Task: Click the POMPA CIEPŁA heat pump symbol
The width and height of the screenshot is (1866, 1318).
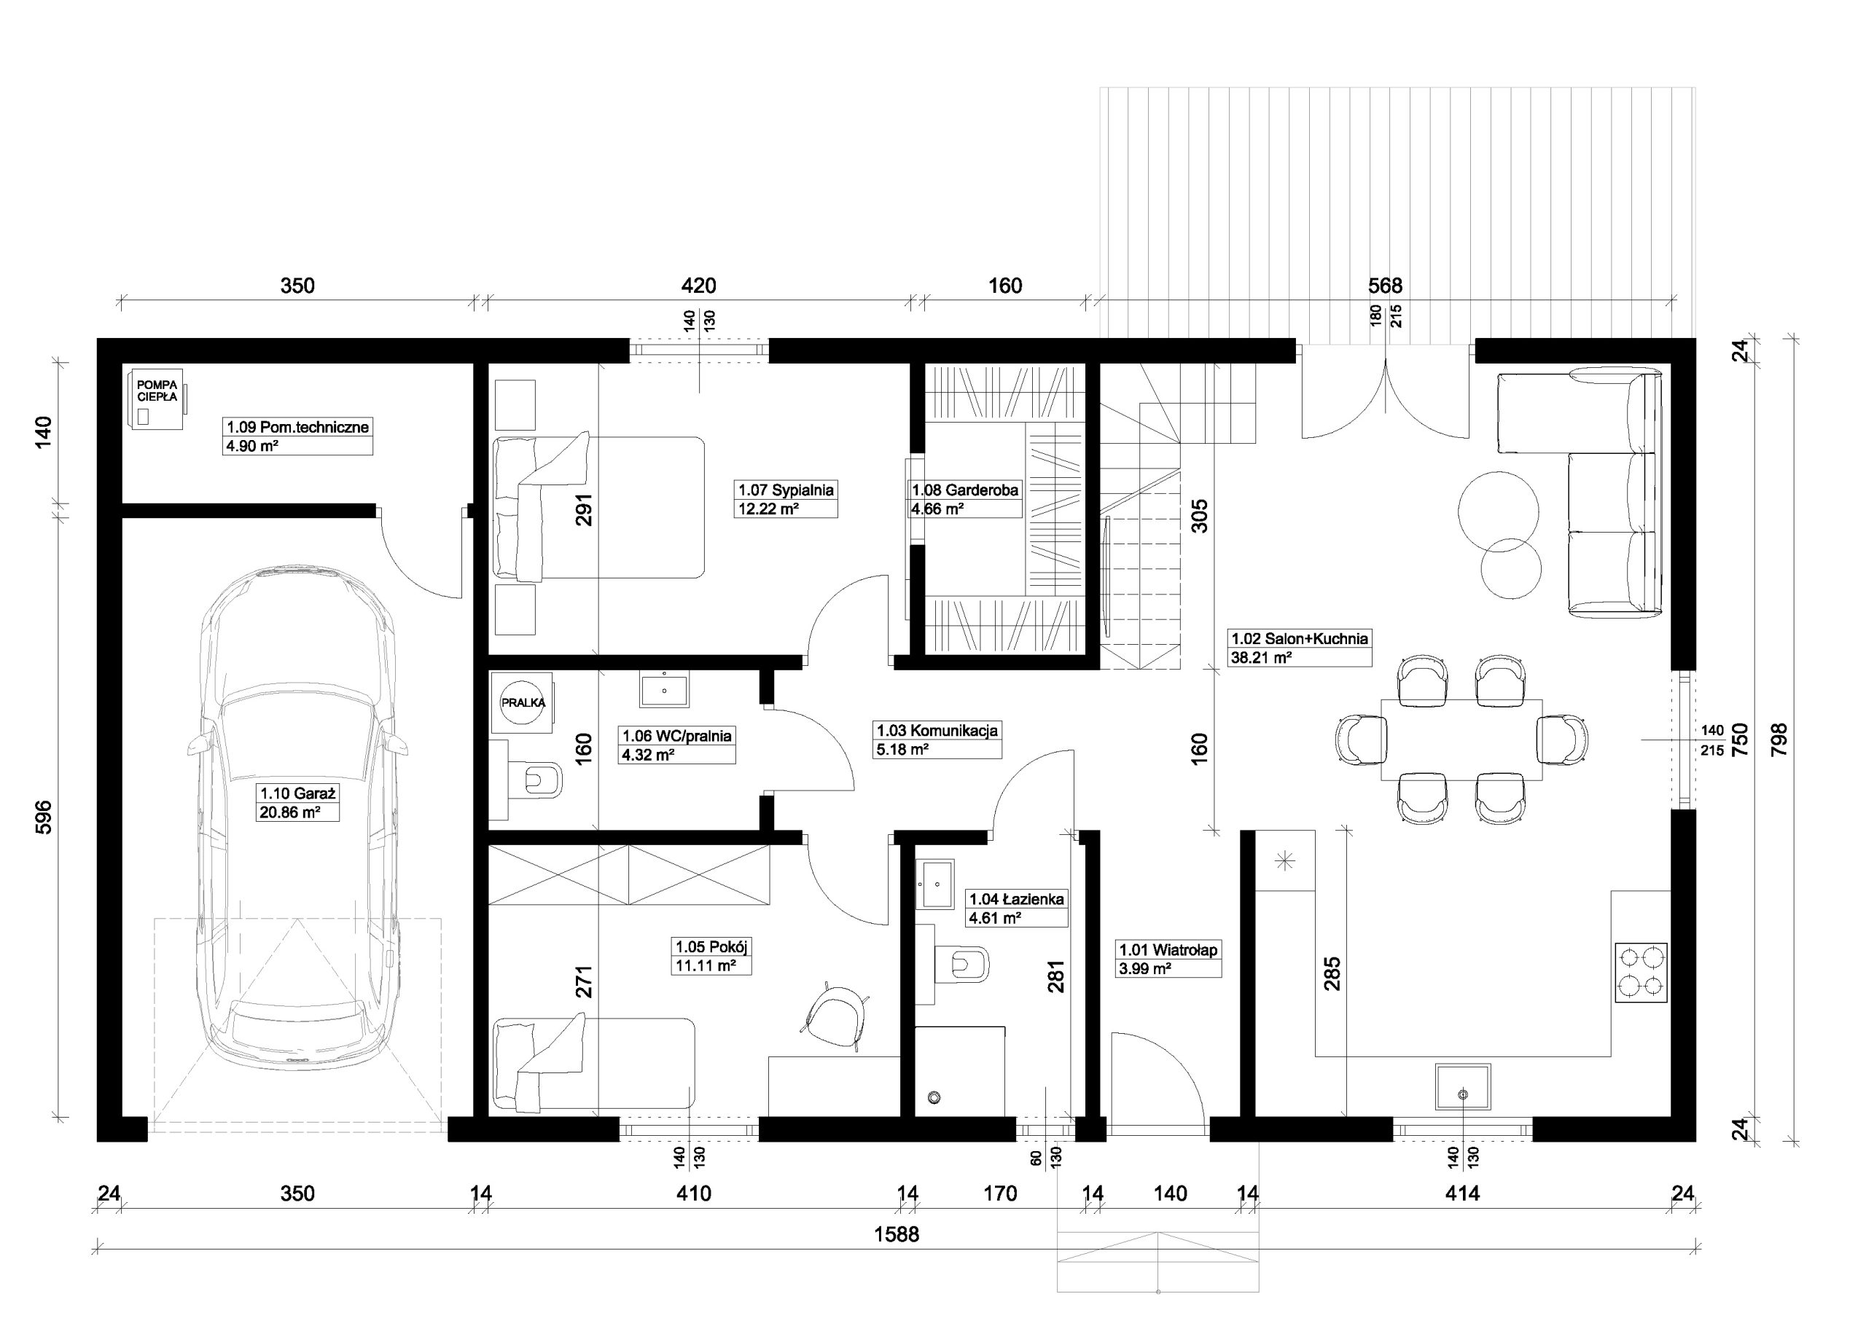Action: [157, 398]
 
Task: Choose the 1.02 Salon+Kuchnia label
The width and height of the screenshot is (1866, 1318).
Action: [1300, 639]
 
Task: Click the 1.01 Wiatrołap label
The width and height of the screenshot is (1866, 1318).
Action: [1168, 950]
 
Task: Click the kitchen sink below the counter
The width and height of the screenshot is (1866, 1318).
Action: [1463, 1086]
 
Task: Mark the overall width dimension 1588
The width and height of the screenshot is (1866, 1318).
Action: [897, 1234]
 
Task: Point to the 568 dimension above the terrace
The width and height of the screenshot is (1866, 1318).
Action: [1386, 285]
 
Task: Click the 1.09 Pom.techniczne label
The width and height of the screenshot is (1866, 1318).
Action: [297, 427]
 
